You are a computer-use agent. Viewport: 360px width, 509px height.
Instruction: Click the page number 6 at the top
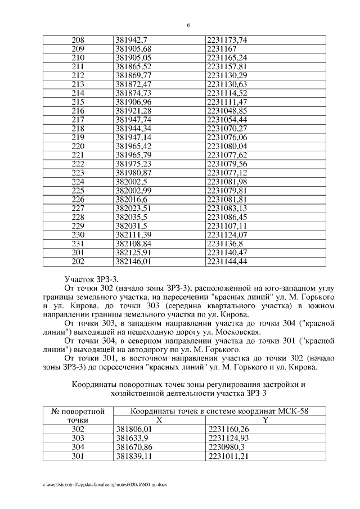coord(188,25)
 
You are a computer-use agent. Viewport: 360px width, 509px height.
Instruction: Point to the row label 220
coord(78,146)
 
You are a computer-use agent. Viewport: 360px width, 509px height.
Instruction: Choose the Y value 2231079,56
coord(227,163)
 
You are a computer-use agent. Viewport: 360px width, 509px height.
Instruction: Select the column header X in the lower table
coord(159,419)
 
